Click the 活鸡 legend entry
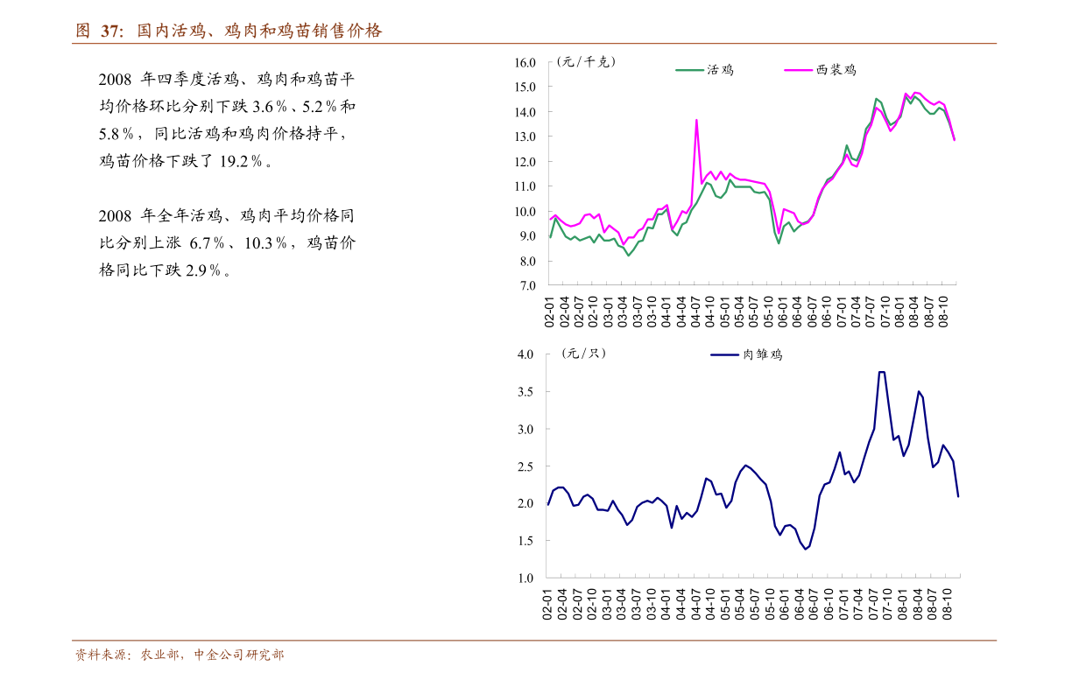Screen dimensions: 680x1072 pos(720,70)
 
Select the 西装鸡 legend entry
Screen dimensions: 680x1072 pos(836,70)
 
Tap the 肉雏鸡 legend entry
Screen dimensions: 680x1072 pos(763,354)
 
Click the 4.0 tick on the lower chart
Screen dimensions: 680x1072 pos(525,354)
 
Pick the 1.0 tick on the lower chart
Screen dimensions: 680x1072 pos(525,578)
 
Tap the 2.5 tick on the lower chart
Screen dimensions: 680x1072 pos(525,466)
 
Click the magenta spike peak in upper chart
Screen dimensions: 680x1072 pos(696,120)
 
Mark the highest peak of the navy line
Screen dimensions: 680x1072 pos(881,372)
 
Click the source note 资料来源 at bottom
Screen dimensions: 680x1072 pos(179,655)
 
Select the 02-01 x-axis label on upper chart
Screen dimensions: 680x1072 pos(550,312)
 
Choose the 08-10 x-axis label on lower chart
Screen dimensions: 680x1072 pos(947,604)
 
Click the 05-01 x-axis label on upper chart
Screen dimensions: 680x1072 pos(725,312)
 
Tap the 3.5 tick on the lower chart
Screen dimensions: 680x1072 pos(525,392)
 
